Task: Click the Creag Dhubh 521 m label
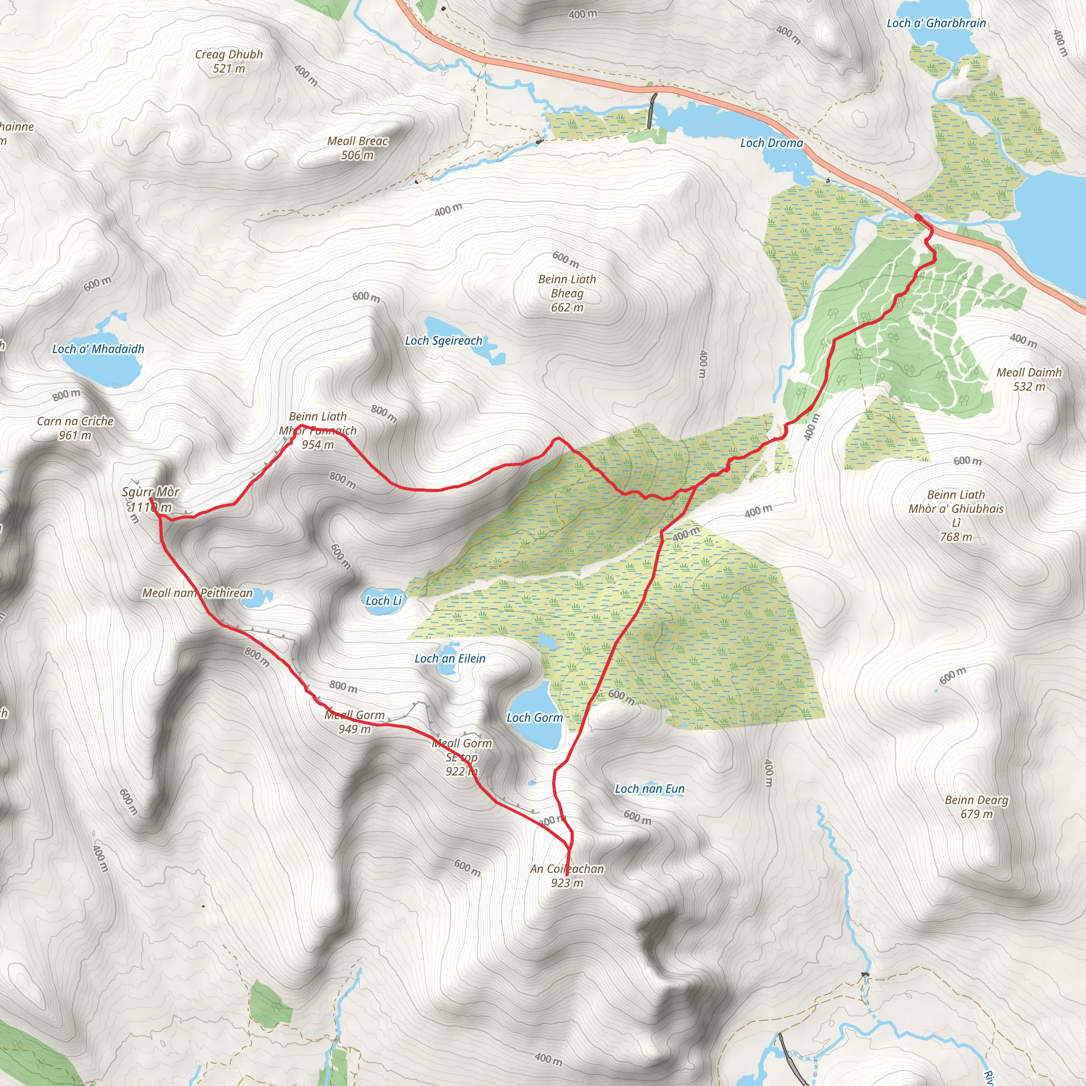pyautogui.click(x=229, y=62)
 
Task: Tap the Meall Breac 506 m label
pyautogui.click(x=357, y=148)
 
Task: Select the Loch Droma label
pyautogui.click(x=771, y=143)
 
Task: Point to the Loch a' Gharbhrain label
pyautogui.click(x=936, y=23)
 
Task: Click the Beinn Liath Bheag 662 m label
pyautogui.click(x=567, y=293)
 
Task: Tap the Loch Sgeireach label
pyautogui.click(x=443, y=340)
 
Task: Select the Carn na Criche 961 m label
pyautogui.click(x=75, y=428)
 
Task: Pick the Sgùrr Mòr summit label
pyautogui.click(x=151, y=498)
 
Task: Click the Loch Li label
pyautogui.click(x=383, y=601)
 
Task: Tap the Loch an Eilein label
pyautogui.click(x=450, y=658)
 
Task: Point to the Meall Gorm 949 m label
pyautogui.click(x=355, y=722)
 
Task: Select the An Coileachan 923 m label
pyautogui.click(x=567, y=875)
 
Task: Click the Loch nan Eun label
pyautogui.click(x=649, y=789)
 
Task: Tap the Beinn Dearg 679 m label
pyautogui.click(x=976, y=807)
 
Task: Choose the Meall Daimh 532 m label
pyautogui.click(x=1029, y=379)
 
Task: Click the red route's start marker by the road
pyautogui.click(x=917, y=217)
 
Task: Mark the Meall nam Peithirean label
pyautogui.click(x=197, y=593)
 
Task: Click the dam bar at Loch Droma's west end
pyautogui.click(x=652, y=111)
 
